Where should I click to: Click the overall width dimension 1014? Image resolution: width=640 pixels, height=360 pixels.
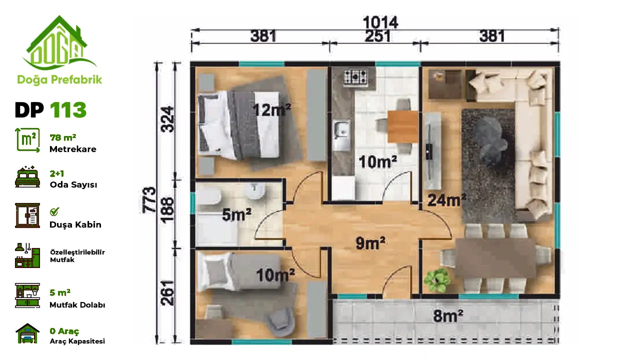click(x=380, y=22)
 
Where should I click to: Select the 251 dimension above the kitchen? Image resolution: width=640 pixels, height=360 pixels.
click(x=377, y=36)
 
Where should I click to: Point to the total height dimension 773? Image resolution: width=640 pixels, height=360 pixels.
click(x=149, y=200)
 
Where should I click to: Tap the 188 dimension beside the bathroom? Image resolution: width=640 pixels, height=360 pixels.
click(x=167, y=210)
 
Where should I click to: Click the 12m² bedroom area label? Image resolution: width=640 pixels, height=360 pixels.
click(x=271, y=110)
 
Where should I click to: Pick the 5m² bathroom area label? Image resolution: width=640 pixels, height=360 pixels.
click(x=236, y=214)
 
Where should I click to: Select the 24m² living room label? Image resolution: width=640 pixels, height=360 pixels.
click(x=447, y=199)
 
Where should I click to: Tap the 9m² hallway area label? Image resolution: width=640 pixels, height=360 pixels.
click(x=370, y=243)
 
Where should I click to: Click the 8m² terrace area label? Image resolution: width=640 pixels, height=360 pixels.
click(x=448, y=315)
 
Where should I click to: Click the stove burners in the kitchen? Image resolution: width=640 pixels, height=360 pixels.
click(x=355, y=77)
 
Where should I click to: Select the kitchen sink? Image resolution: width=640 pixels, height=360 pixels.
click(x=341, y=135)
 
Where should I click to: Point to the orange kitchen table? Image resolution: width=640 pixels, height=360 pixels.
click(x=403, y=126)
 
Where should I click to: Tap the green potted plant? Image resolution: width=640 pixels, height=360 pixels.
click(x=436, y=280)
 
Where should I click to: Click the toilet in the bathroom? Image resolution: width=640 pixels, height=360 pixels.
click(x=208, y=197)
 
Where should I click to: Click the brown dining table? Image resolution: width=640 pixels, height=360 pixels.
click(x=495, y=258)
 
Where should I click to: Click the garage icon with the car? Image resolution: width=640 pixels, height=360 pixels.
click(x=27, y=333)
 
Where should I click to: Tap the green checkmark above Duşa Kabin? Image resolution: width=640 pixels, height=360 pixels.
click(x=54, y=211)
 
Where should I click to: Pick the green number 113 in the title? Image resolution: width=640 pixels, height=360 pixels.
click(x=68, y=110)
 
